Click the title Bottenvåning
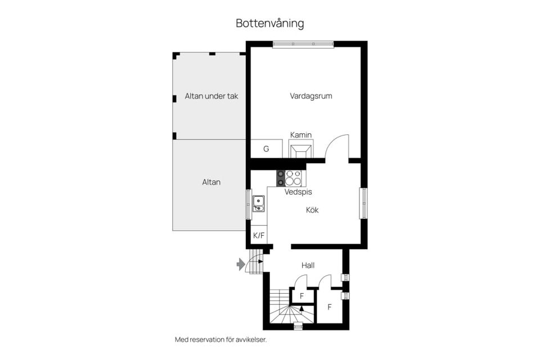[269, 24]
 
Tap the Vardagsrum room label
[311, 96]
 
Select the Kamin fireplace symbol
[300, 151]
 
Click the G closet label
[266, 149]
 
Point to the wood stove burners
[291, 178]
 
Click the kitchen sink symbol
[259, 203]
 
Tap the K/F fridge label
[259, 236]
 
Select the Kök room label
[312, 210]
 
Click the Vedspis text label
[298, 192]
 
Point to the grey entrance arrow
[241, 264]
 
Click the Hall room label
[308, 265]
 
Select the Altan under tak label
[211, 96]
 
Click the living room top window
[303, 44]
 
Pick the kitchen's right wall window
[363, 203]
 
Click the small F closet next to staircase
[302, 296]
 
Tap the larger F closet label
[330, 307]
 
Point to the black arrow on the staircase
[301, 309]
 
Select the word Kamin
[301, 134]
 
